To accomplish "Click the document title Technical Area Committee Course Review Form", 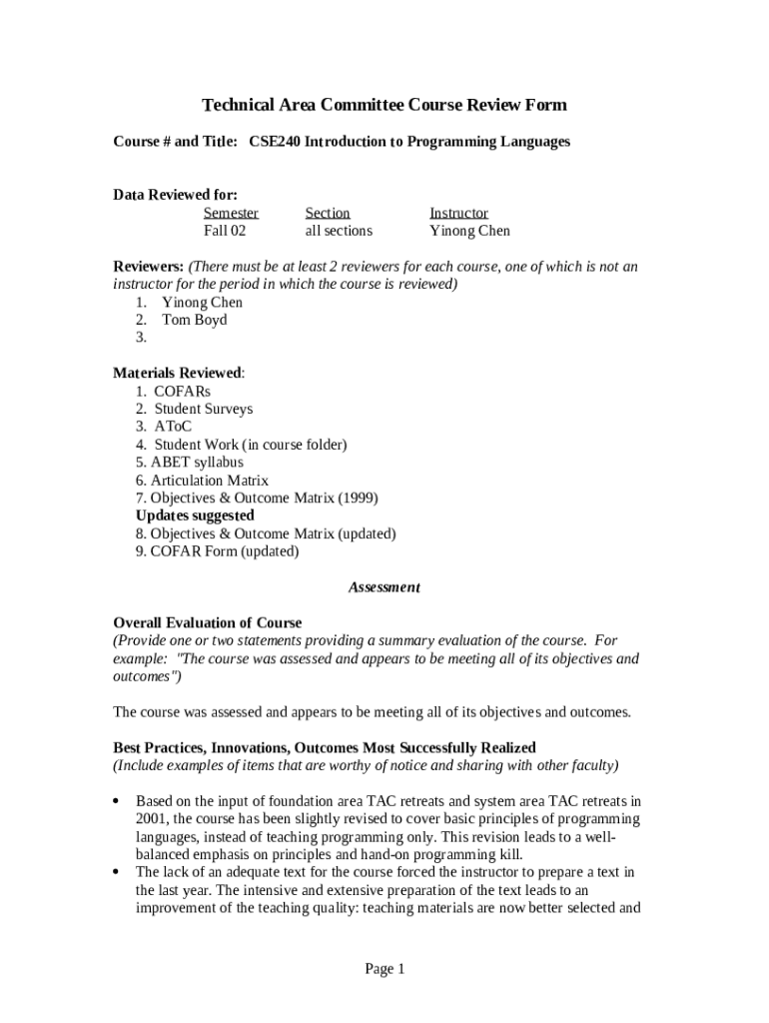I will pos(384,105).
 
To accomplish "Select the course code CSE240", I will pos(274,142).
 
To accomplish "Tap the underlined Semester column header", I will pos(231,213).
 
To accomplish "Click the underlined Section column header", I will pos(328,213).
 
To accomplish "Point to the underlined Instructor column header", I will pos(458,213).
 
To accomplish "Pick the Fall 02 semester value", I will pos(225,231).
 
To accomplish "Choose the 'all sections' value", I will pos(339,231).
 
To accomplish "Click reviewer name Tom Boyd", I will pos(194,320).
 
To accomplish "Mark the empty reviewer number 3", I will pos(142,338).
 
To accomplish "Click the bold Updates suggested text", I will pos(195,515).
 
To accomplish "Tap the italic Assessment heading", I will pos(384,587).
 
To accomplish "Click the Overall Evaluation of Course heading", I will pos(208,622).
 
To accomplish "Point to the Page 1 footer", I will pos(384,969).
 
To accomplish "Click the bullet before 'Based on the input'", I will pos(117,801).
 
